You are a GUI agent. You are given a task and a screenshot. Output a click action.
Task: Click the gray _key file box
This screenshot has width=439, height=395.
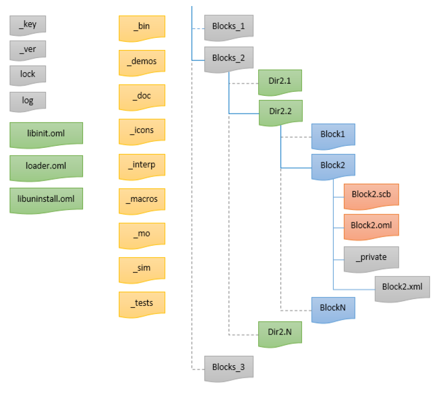pos(28,25)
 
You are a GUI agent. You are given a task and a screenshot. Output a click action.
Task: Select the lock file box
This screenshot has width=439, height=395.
pos(28,74)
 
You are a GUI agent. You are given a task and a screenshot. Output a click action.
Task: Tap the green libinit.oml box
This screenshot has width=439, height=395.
pos(46,134)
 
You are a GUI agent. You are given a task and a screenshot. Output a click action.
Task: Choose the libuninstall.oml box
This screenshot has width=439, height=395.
pos(46,199)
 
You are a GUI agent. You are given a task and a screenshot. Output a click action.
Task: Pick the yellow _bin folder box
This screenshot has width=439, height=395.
pos(141,26)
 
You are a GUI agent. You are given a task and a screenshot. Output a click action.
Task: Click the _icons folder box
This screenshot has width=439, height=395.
pos(141,130)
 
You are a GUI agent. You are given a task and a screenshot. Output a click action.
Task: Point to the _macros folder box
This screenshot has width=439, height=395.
pos(141,199)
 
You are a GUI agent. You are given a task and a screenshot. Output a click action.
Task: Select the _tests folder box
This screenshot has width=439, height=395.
pos(141,303)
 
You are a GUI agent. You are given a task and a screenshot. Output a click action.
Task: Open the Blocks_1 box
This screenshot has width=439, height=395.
pos(228,26)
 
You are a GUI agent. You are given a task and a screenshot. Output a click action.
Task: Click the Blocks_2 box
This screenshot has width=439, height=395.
pos(228,58)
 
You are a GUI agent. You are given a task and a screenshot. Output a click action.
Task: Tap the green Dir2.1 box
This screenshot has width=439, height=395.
pos(279,80)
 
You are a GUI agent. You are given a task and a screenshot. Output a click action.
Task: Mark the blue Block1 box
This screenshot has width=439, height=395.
pos(333,136)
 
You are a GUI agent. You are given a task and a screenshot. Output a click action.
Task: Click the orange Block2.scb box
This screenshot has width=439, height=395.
pos(371,194)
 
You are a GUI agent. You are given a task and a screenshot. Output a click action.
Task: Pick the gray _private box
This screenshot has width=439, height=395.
pos(371,257)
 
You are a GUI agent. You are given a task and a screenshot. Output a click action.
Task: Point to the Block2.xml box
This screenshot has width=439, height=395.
pos(402,287)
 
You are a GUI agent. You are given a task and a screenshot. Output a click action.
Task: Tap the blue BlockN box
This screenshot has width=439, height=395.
pos(333,307)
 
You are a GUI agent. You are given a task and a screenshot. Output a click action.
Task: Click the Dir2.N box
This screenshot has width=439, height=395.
pos(279,332)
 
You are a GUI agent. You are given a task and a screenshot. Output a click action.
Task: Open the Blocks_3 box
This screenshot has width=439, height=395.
pos(228,367)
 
